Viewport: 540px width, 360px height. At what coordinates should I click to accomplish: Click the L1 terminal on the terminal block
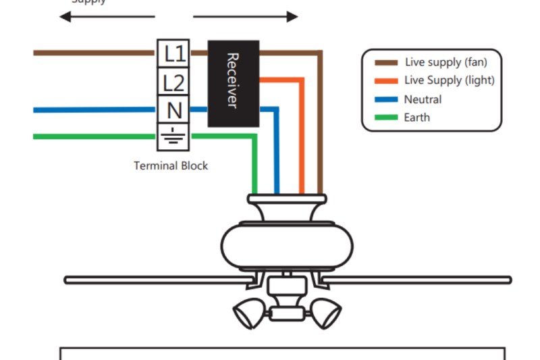174,53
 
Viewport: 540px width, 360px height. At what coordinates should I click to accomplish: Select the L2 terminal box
174,82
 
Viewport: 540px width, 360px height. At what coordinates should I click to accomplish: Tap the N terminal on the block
174,109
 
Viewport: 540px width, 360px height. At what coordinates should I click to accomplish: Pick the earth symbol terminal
174,137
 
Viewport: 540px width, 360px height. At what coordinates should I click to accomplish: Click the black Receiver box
233,84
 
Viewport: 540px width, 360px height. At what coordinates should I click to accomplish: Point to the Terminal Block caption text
171,165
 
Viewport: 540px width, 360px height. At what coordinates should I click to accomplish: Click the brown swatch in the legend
386,63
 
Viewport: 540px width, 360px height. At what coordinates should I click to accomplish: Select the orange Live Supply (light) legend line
386,81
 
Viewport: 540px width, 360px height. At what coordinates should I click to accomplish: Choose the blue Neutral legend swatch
386,100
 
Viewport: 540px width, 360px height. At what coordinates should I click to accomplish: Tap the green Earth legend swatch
386,118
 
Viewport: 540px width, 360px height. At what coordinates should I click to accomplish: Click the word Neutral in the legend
423,99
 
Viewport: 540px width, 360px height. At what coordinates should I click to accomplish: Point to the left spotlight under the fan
249,312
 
